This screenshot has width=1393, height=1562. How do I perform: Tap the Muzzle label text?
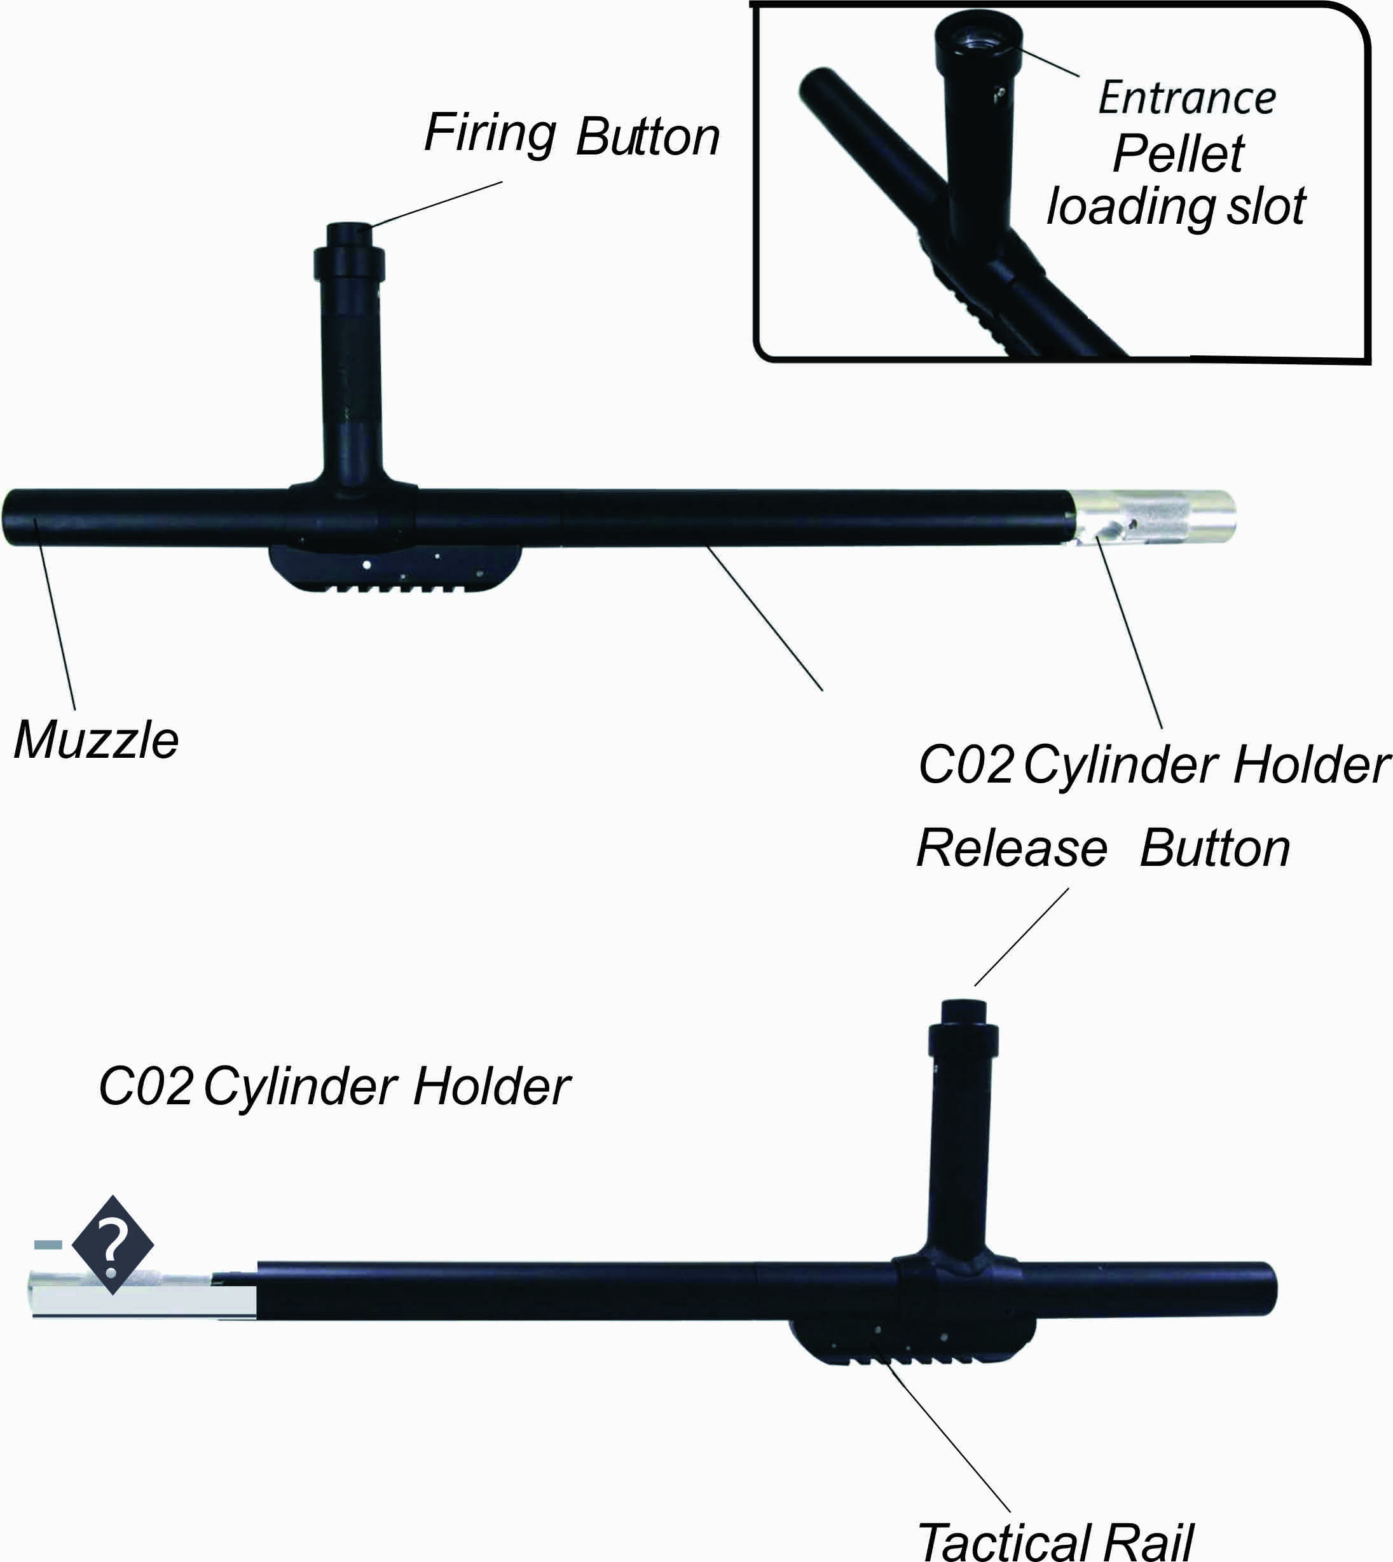(x=97, y=741)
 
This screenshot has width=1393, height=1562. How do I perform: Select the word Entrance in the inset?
(x=1187, y=98)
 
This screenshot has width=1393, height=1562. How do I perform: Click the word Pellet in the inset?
(x=1179, y=154)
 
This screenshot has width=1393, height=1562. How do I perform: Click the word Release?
(x=1012, y=849)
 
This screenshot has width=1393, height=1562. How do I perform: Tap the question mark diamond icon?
(x=113, y=1245)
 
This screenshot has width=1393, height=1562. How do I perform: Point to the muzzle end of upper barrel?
(x=17, y=517)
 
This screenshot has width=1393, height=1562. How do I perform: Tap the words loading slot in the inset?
(x=1176, y=207)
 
